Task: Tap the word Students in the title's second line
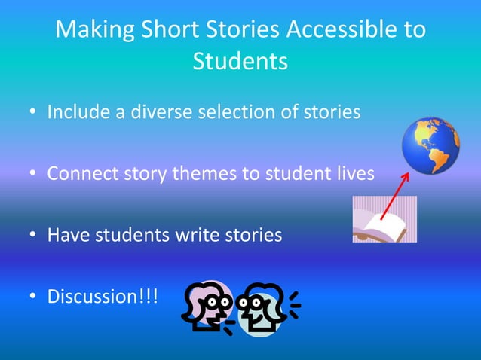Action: tap(240, 62)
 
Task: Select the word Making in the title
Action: tap(93, 30)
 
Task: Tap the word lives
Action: tap(354, 174)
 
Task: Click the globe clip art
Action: tap(430, 145)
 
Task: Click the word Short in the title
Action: tap(165, 30)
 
